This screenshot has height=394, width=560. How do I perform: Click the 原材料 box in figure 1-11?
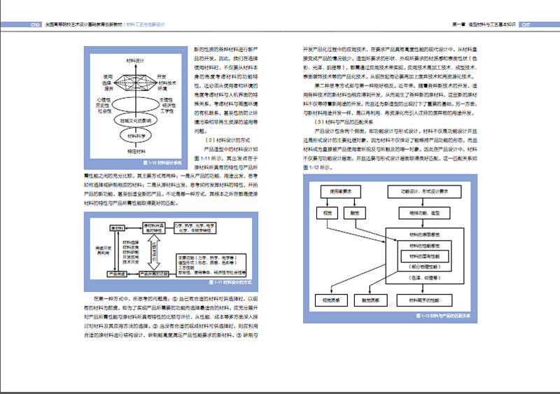[116, 230]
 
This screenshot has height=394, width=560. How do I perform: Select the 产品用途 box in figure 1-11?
[115, 273]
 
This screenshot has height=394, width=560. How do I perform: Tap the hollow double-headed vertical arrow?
[169, 250]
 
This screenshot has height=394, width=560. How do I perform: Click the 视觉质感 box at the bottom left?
[326, 300]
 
